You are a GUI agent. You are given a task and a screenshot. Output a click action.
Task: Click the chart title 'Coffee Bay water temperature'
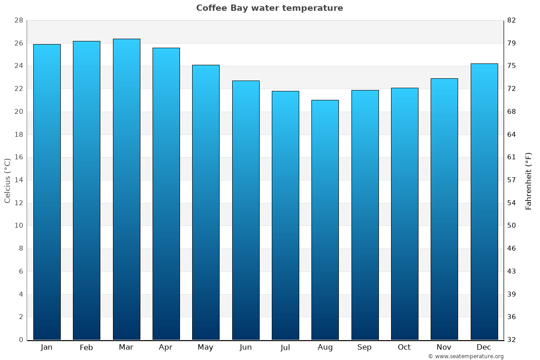click(270, 8)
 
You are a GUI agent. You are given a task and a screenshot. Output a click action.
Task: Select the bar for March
click(126, 189)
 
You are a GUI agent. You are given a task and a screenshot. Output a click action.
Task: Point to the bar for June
click(246, 210)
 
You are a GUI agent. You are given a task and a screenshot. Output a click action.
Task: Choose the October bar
click(405, 214)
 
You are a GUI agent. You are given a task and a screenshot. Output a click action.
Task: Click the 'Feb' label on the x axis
click(86, 347)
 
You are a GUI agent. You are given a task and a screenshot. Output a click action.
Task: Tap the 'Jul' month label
click(285, 347)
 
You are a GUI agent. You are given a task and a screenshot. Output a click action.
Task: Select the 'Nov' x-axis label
click(444, 347)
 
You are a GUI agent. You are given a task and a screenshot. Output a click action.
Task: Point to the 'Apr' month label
click(166, 347)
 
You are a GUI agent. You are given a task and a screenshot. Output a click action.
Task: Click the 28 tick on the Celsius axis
click(18, 21)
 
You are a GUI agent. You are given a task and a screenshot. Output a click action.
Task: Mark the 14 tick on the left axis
click(18, 180)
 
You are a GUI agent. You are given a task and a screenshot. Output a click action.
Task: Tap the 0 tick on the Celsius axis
click(21, 340)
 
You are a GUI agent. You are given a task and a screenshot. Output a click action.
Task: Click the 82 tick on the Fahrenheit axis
click(512, 21)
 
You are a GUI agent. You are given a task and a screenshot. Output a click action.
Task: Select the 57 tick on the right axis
click(512, 180)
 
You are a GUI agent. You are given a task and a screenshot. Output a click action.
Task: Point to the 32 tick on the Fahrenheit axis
click(512, 340)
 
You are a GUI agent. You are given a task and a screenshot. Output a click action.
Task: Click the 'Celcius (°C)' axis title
click(7, 180)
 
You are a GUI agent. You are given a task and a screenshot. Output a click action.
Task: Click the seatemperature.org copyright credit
click(466, 356)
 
